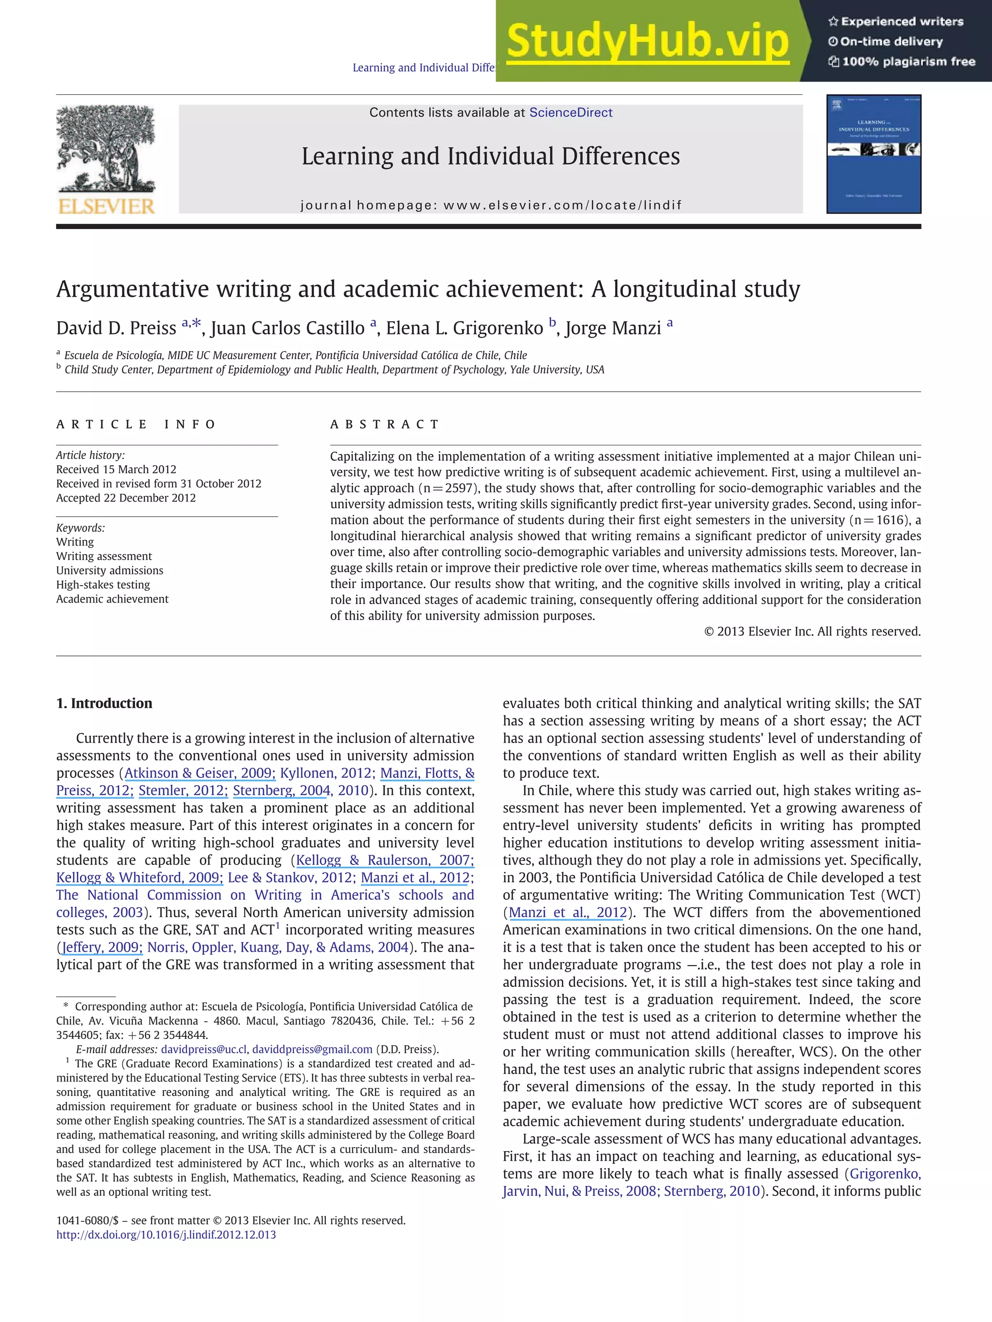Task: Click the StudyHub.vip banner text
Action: pyautogui.click(x=647, y=41)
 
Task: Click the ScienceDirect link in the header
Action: pyautogui.click(x=571, y=112)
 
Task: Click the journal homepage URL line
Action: pyautogui.click(x=490, y=205)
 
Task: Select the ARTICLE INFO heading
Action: pyautogui.click(x=136, y=425)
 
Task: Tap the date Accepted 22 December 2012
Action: pyautogui.click(x=126, y=498)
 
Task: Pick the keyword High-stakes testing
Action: pyautogui.click(x=103, y=584)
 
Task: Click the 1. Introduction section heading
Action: pyautogui.click(x=104, y=703)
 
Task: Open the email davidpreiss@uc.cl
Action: pyautogui.click(x=204, y=1049)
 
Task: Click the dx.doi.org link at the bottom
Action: pyautogui.click(x=166, y=1234)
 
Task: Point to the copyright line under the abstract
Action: pyautogui.click(x=812, y=631)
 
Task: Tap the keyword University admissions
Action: pyautogui.click(x=109, y=570)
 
